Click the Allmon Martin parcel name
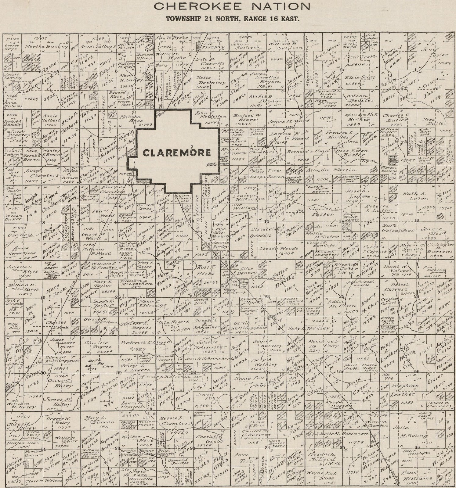[x=331, y=170]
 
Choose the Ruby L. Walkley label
[x=309, y=328]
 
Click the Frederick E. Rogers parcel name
[x=147, y=342]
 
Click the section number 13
[x=416, y=221]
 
